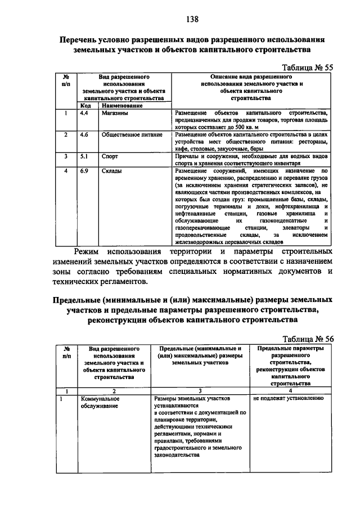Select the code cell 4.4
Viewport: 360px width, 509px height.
pos(84,113)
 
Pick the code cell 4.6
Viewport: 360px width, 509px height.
pos(84,135)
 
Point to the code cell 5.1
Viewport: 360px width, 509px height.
pos(84,156)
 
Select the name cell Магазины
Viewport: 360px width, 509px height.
pos(115,113)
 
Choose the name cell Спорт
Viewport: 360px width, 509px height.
pos(110,156)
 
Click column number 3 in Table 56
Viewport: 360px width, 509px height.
pos(200,391)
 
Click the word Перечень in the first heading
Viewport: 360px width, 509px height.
pos(84,40)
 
